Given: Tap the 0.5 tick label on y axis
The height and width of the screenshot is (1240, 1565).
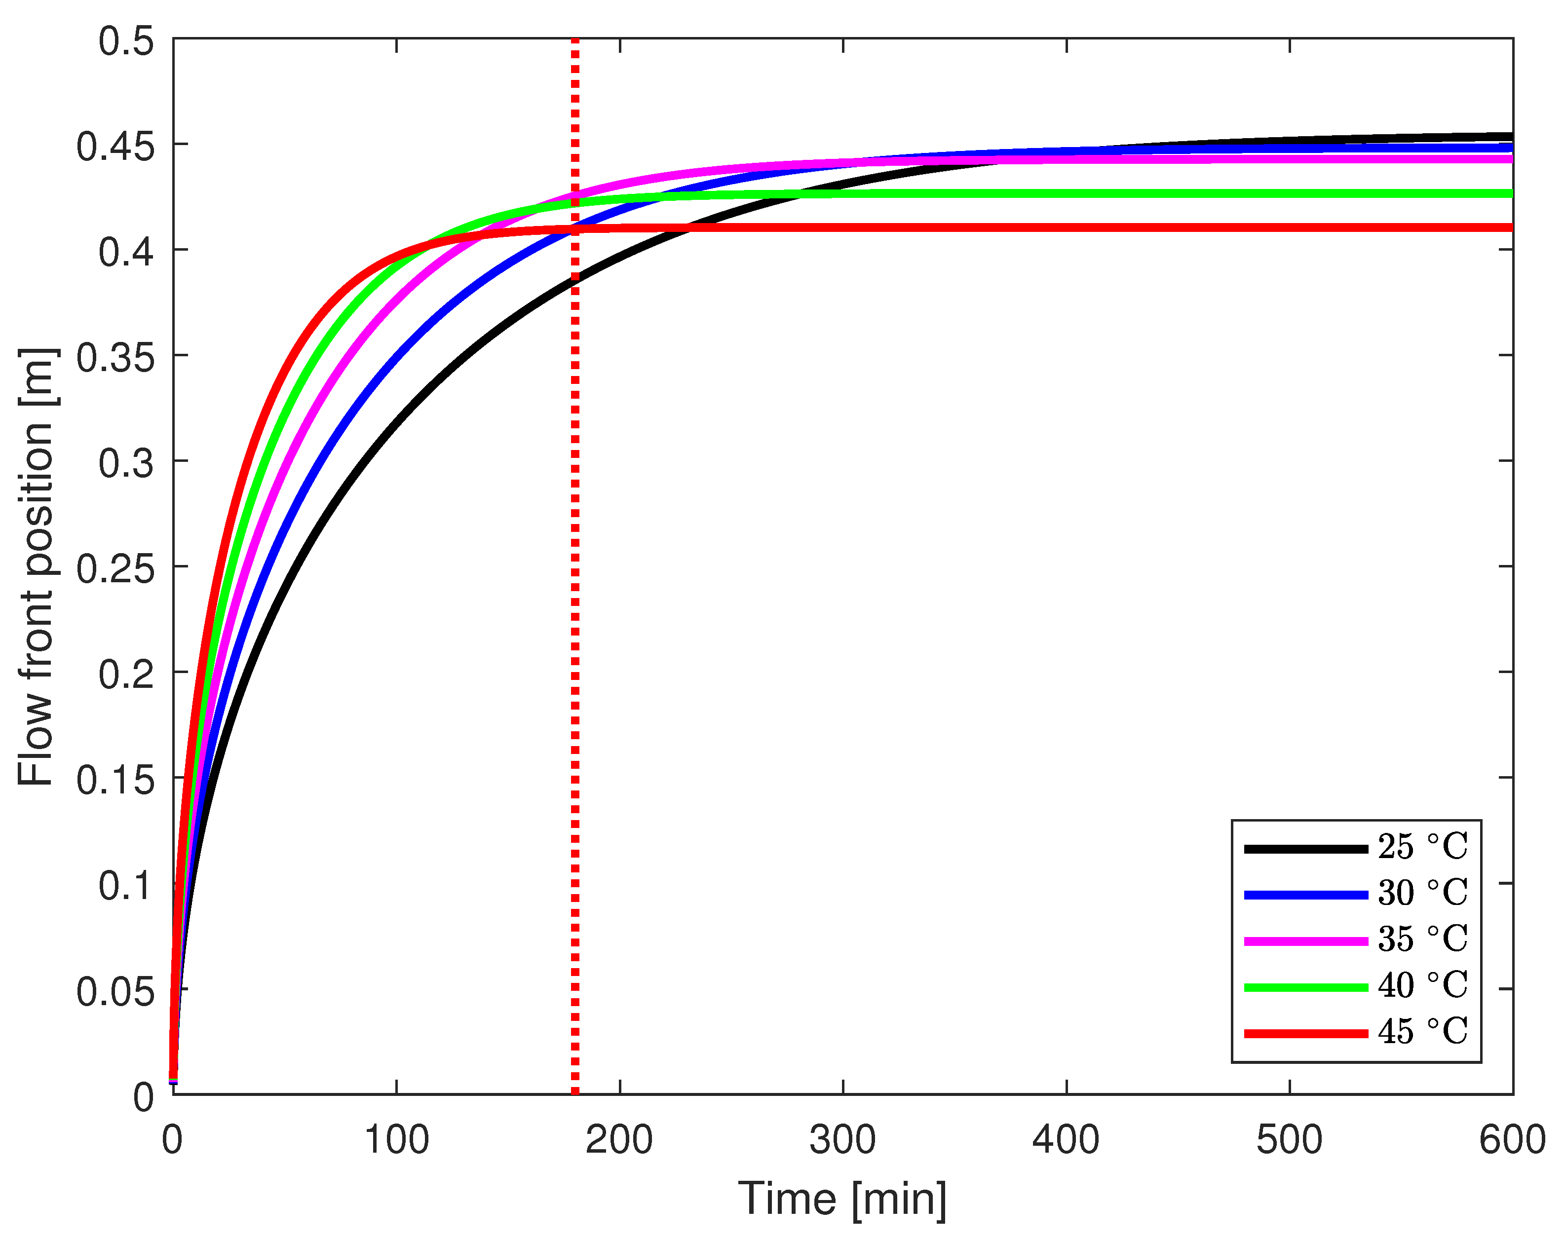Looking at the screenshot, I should click(127, 41).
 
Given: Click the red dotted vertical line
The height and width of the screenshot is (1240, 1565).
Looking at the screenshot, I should click(575, 653).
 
